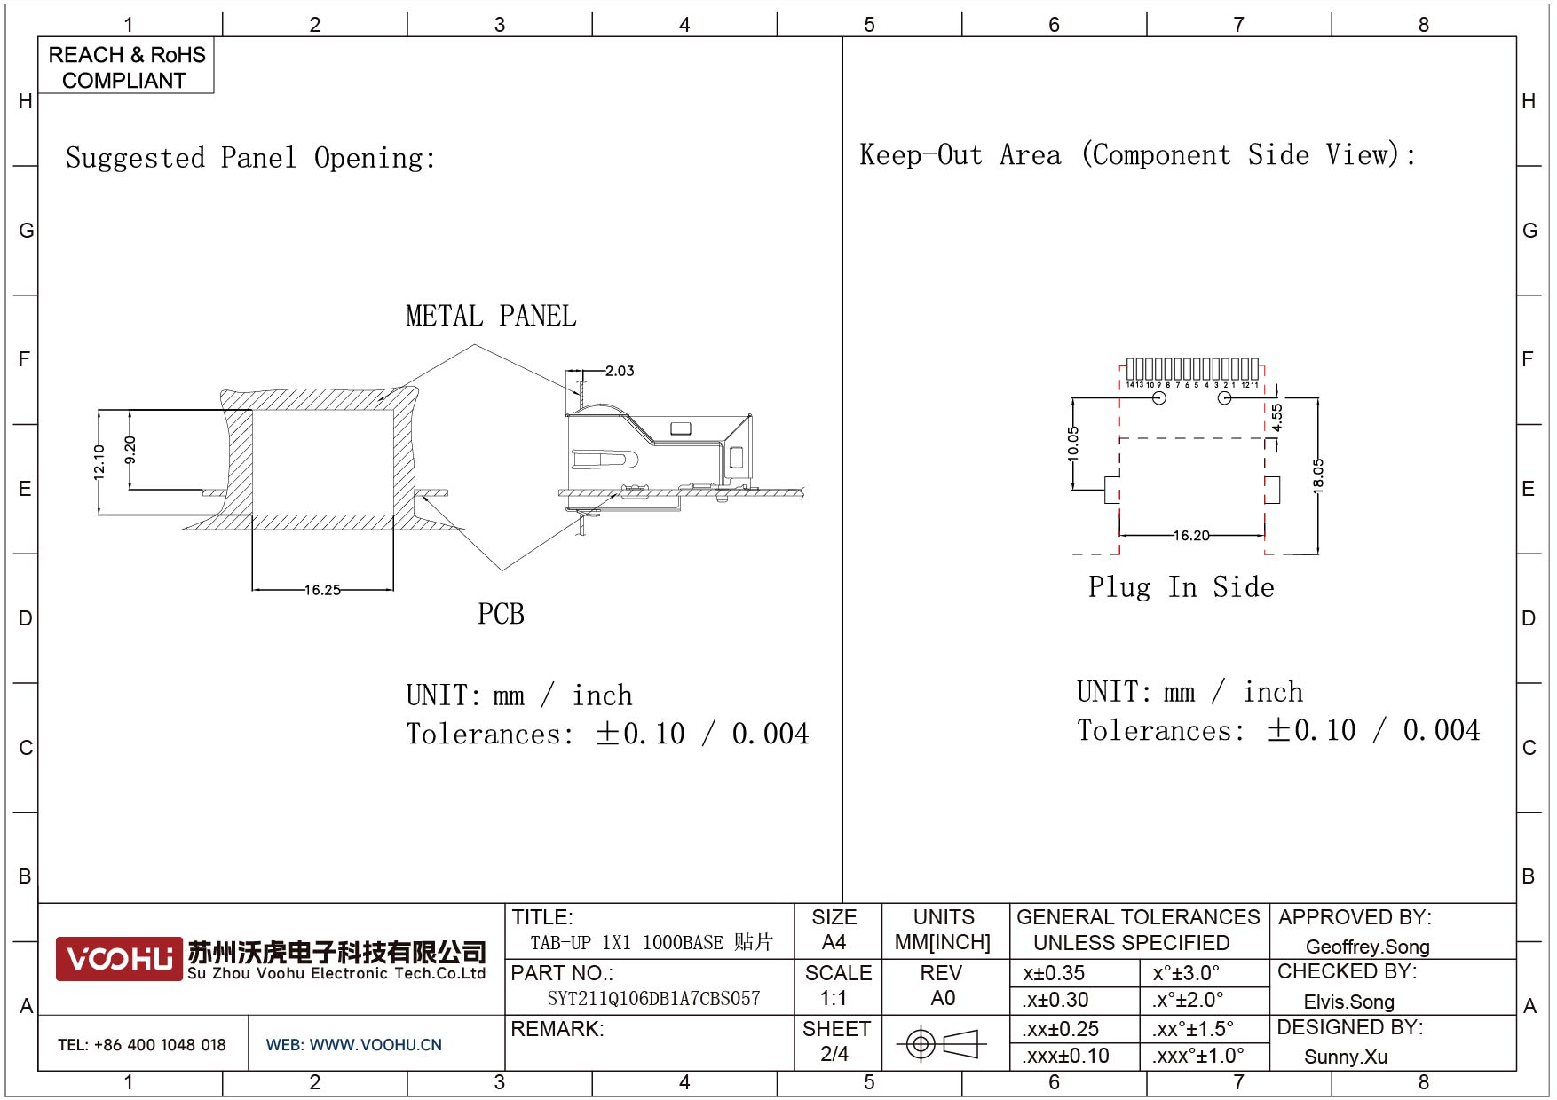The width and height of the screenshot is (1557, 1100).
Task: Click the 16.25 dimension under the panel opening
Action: (x=322, y=590)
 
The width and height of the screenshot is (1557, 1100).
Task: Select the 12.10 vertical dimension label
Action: (x=99, y=462)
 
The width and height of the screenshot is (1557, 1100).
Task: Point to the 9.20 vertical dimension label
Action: (x=130, y=450)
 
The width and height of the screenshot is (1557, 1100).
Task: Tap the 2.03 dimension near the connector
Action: (x=620, y=371)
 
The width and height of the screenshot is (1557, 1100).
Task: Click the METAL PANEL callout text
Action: (x=491, y=316)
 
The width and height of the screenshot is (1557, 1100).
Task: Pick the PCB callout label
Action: (x=501, y=614)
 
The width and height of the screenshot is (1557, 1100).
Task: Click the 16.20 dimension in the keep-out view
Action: (x=1191, y=536)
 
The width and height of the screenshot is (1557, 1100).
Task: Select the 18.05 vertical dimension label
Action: (x=1318, y=475)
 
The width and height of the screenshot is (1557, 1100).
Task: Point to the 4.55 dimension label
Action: (x=1276, y=418)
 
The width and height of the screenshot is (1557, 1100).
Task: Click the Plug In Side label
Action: (x=1181, y=587)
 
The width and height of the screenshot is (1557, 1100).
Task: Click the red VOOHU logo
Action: (x=119, y=959)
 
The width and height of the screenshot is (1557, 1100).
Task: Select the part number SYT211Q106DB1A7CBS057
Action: (x=653, y=999)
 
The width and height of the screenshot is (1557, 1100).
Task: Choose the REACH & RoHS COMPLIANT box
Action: (x=126, y=67)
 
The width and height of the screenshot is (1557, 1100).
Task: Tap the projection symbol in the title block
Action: (x=941, y=1043)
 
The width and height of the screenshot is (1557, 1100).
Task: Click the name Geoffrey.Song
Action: (x=1367, y=947)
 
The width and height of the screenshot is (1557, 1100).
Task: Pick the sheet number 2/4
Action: (x=834, y=1054)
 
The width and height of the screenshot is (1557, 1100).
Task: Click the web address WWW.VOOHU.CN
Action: (x=375, y=1045)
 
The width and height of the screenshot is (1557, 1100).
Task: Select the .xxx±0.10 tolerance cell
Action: (x=1065, y=1056)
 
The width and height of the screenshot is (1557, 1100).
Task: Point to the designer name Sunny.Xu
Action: (x=1346, y=1057)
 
